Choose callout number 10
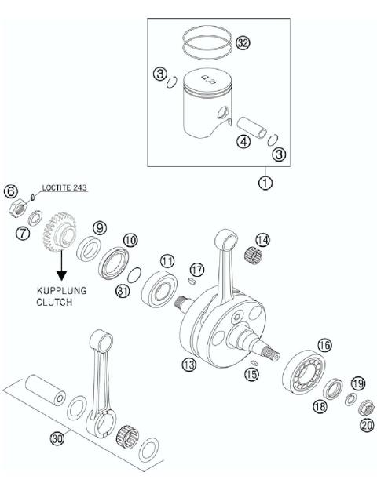tap(130, 240)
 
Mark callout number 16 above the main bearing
tap(324, 344)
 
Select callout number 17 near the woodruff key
tap(197, 270)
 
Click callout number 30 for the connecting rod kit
tap(57, 439)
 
